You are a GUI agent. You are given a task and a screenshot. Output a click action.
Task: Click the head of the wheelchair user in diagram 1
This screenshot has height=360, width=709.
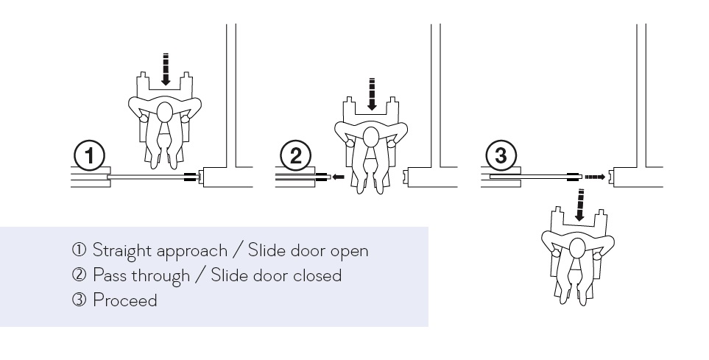165,112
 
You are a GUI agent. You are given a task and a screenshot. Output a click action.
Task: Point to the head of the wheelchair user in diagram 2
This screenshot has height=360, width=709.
371,137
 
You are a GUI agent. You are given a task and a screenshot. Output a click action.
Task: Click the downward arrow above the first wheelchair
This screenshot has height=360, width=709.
166,69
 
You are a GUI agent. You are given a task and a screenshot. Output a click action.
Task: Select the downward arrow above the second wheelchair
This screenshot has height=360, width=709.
372,94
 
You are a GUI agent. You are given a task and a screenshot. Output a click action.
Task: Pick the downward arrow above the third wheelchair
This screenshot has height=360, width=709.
579,205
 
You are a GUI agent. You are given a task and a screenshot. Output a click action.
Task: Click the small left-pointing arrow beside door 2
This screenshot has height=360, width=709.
338,177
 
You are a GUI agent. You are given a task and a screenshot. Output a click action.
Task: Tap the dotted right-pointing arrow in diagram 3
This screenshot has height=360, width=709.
595,177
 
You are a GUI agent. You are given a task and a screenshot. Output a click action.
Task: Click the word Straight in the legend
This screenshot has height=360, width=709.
121,251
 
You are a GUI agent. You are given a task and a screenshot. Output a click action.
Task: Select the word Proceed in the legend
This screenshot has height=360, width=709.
125,300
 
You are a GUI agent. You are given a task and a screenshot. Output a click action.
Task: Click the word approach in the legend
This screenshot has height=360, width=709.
191,252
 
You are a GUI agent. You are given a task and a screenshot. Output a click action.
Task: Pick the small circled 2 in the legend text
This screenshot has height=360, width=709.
79,275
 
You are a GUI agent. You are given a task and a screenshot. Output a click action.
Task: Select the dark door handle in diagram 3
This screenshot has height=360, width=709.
573,177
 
